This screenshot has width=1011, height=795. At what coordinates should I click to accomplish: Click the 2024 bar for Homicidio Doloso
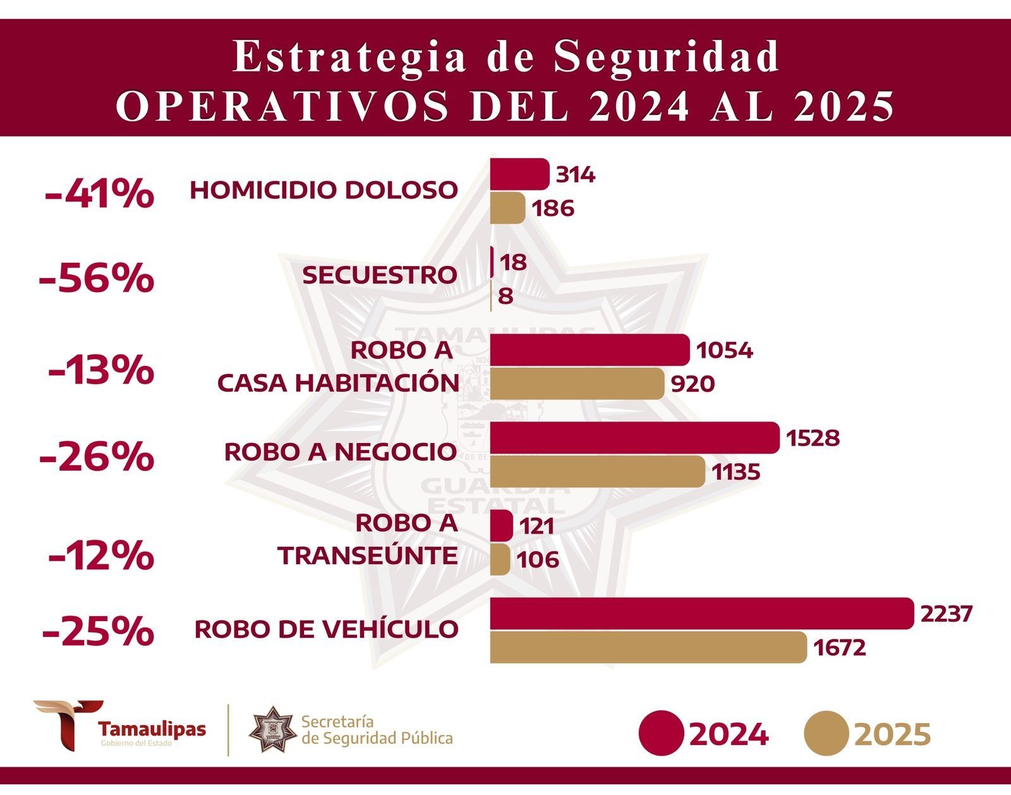click(519, 174)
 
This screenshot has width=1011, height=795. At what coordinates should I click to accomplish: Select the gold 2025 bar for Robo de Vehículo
click(648, 647)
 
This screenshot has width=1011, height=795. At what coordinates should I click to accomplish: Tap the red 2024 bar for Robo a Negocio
click(634, 437)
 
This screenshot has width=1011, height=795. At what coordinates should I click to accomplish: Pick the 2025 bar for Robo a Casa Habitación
click(577, 384)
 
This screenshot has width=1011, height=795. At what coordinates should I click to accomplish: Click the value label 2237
click(946, 614)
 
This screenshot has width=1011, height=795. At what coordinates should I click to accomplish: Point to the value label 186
click(553, 209)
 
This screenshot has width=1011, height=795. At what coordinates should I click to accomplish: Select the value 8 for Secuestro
click(505, 296)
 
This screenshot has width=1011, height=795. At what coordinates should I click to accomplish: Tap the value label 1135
click(736, 472)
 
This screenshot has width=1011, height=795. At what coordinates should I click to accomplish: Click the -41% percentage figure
click(99, 193)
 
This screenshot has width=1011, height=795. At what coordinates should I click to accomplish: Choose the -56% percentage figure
click(96, 278)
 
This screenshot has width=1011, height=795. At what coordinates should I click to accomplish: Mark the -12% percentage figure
click(101, 556)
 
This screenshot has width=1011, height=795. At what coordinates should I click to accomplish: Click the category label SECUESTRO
click(379, 275)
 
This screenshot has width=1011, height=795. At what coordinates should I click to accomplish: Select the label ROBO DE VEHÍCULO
click(326, 629)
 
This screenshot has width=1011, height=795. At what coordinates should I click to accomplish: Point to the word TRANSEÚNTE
click(368, 555)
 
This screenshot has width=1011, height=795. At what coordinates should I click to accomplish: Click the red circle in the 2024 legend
click(661, 734)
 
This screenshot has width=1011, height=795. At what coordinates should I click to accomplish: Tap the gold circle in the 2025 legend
click(826, 734)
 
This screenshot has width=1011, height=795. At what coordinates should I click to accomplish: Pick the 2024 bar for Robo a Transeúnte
click(502, 525)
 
